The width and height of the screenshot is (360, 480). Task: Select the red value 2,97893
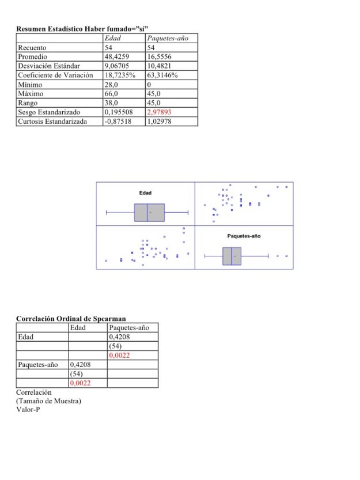[161, 112]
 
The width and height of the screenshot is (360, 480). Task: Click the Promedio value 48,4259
[117, 56]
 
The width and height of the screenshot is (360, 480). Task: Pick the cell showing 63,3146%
[163, 75]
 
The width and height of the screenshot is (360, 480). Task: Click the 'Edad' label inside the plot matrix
[145, 192]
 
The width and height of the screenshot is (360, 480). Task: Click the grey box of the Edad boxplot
[149, 213]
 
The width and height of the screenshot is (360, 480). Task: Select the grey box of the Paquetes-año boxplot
[232, 256]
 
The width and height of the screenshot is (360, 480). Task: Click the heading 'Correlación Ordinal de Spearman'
[71, 319]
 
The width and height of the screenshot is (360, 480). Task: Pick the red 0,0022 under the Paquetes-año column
[119, 356]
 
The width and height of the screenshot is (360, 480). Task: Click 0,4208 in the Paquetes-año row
[80, 365]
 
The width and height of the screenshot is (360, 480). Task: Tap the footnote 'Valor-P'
[28, 410]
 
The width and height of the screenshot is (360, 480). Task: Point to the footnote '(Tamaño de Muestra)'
[48, 401]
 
